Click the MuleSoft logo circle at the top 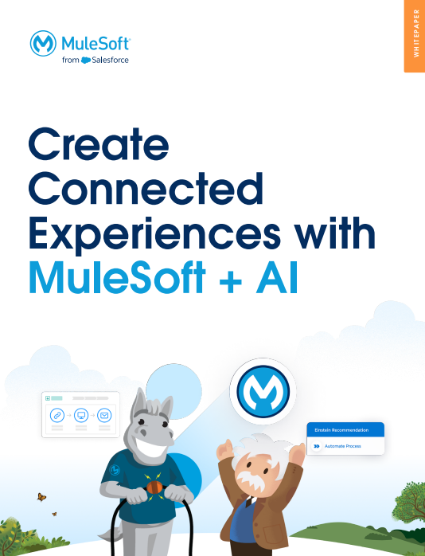pyautogui.click(x=42, y=44)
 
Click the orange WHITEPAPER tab pyautogui.click(x=415, y=36)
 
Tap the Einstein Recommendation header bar pyautogui.click(x=345, y=430)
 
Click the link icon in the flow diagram pyautogui.click(x=57, y=415)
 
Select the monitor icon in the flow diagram pyautogui.click(x=80, y=415)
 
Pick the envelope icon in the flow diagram pyautogui.click(x=103, y=415)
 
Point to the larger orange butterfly pyautogui.click(x=41, y=498)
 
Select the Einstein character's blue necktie pyautogui.click(x=249, y=507)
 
